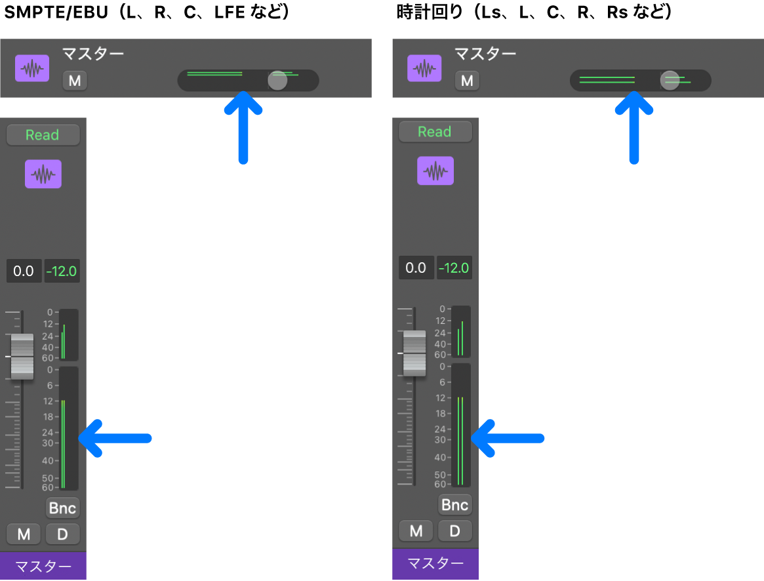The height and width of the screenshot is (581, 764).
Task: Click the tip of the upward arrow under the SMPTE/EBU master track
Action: (243, 92)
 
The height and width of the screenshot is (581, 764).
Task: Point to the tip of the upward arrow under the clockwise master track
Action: (634, 92)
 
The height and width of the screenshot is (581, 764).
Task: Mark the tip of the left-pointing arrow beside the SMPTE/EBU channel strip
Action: (79, 438)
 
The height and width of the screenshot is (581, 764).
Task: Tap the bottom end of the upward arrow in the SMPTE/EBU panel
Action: (243, 162)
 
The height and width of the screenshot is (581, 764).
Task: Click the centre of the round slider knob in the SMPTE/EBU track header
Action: (278, 81)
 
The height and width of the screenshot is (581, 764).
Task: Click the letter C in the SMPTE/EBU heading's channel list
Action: (190, 12)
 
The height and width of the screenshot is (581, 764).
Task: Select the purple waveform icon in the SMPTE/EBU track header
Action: (32, 68)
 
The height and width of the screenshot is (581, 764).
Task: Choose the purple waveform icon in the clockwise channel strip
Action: (435, 170)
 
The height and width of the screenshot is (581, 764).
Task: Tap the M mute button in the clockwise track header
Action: (468, 81)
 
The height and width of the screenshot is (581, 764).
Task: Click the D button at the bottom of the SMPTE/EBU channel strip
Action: (62, 534)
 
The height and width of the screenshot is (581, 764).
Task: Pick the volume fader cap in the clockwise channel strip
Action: (414, 353)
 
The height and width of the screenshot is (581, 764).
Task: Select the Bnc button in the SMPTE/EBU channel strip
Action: (62, 508)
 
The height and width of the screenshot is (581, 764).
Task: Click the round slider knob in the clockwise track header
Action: (670, 81)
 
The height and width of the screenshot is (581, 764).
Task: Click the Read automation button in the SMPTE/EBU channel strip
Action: (43, 135)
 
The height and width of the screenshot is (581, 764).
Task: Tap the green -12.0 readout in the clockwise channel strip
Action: (454, 268)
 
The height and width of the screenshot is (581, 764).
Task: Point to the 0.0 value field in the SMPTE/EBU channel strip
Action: (24, 271)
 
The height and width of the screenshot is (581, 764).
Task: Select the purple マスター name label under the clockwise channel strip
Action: (435, 564)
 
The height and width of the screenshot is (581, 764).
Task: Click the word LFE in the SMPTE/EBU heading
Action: (230, 12)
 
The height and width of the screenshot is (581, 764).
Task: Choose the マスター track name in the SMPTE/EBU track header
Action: (93, 53)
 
